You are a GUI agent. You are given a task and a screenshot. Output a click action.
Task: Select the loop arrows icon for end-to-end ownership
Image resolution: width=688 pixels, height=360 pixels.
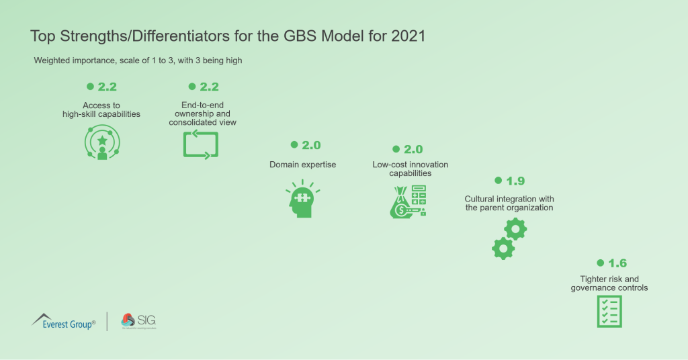pos(201,144)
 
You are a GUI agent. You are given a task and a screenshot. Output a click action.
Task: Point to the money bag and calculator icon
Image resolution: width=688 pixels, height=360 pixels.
pos(408,201)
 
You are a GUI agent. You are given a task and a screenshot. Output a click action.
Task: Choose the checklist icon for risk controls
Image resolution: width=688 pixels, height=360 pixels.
pos(609,311)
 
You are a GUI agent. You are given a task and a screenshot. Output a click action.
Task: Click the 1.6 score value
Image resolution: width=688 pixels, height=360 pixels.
pos(617,263)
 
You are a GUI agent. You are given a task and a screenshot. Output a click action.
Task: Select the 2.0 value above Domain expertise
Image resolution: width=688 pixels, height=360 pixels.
pos(311,145)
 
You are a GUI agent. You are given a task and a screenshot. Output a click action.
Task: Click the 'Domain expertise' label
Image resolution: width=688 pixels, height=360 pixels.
pos(302,165)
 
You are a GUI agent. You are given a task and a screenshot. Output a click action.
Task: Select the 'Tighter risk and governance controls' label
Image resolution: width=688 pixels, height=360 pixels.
pos(609,283)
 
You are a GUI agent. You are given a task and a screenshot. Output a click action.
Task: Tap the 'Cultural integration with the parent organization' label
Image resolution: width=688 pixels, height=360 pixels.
pos(509,204)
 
